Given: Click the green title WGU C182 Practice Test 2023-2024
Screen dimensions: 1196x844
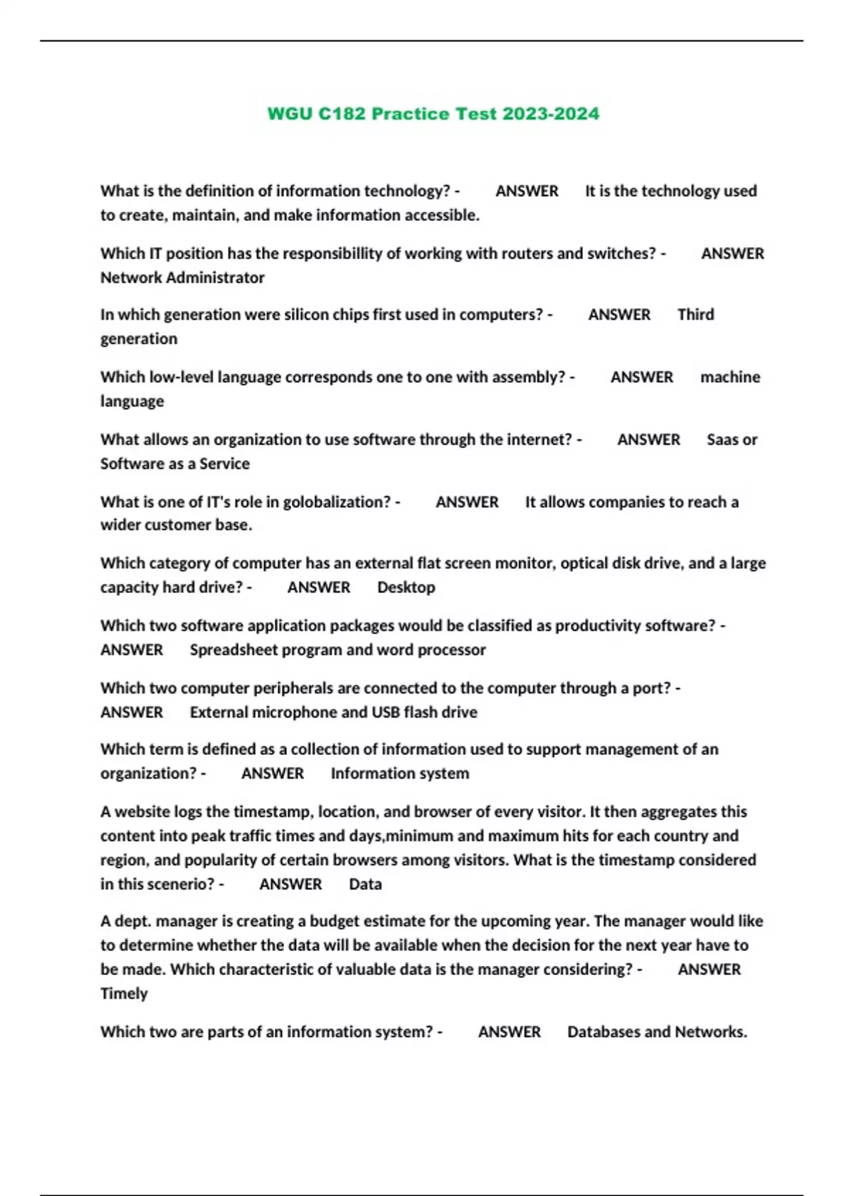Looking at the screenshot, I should pos(433,114).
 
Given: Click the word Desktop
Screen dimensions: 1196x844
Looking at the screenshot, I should pos(406,587).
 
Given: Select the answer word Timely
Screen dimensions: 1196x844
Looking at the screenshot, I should pos(124,993).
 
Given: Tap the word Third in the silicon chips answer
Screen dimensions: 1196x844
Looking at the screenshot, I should pos(696,314).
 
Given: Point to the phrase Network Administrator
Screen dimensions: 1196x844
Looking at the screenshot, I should pos(182,278).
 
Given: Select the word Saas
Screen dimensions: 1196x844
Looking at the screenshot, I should pos(722,440).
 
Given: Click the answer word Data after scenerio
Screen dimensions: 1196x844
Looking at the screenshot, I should pos(365,884).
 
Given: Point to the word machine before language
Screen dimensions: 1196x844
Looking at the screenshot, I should pos(730,377).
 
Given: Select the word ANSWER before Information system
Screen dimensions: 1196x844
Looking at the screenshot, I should pos(273,774).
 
